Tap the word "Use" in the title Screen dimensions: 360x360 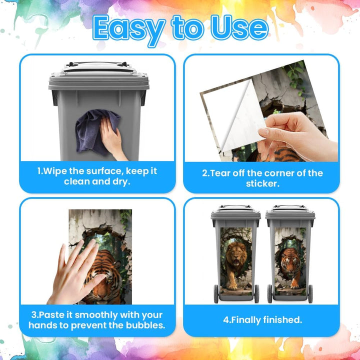point(239,27)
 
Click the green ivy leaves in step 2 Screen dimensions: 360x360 point(296,76)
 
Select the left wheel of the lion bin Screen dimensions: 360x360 point(216,294)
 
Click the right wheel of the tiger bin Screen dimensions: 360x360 point(310,294)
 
